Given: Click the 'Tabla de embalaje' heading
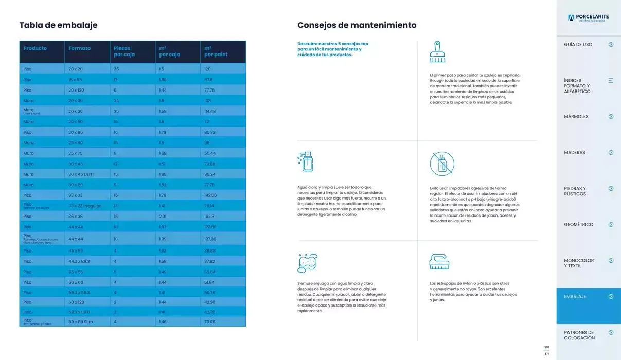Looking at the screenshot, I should click(58, 25).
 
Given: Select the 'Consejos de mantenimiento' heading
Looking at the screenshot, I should click(357, 25).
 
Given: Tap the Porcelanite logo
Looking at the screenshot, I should click(588, 18).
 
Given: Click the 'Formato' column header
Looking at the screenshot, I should click(79, 48).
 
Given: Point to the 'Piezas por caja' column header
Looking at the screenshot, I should click(124, 51).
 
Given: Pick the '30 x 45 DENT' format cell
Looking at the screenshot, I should click(81, 174).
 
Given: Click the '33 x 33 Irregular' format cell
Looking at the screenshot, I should click(84, 206).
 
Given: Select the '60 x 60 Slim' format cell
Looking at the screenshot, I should click(81, 322).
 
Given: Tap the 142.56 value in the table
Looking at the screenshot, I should click(210, 195).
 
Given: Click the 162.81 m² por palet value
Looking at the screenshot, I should click(210, 217).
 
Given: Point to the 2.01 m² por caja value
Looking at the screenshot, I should click(163, 217).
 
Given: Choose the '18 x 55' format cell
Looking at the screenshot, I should click(75, 80).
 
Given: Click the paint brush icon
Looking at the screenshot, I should click(437, 52).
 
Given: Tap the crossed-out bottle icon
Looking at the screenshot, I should click(442, 164).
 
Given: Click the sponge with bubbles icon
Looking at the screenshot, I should click(307, 262).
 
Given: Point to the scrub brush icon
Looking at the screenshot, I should click(439, 262).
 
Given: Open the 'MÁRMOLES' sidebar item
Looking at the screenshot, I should click(576, 117).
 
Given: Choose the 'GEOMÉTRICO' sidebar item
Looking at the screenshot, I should click(578, 225).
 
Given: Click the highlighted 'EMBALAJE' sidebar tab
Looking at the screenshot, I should click(575, 297).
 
